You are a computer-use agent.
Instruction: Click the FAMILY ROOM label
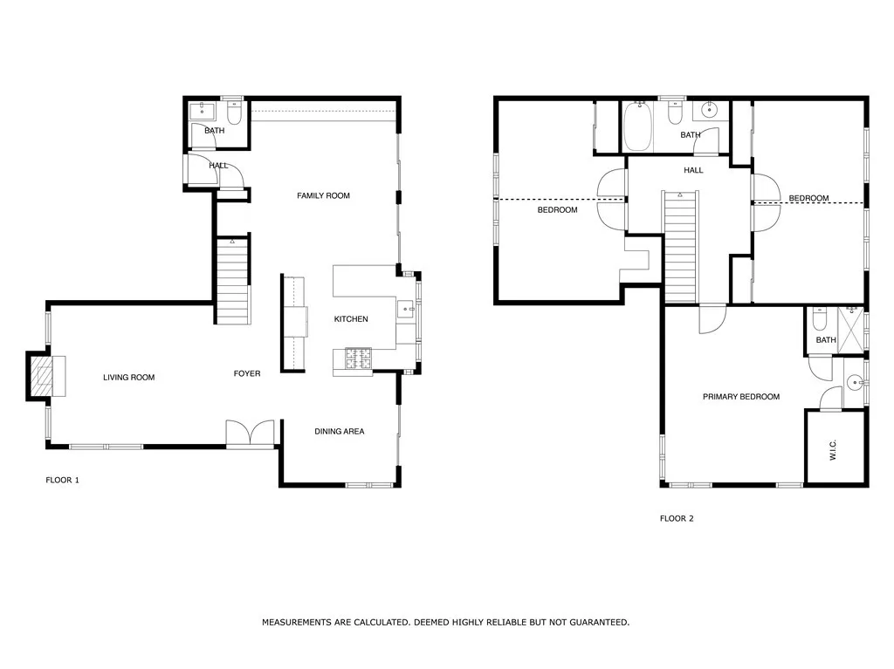323,195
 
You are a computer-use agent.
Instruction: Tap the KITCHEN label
351,319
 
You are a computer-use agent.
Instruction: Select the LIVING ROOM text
129,377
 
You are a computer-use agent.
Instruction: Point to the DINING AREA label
340,432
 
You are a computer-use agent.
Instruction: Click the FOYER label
247,373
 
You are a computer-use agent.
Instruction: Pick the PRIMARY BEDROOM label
741,397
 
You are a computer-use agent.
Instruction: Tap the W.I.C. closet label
832,449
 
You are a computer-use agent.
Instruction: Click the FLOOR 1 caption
63,480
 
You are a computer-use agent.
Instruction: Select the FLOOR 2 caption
677,519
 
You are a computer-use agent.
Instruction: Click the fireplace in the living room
47,376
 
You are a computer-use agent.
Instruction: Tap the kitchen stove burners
358,358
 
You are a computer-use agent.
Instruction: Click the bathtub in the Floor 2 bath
637,126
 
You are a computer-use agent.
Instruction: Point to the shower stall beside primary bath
850,330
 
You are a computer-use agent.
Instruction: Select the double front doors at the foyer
251,433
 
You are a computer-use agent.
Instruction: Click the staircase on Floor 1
232,282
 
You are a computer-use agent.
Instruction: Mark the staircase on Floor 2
681,248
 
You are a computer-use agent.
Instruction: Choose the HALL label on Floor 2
693,170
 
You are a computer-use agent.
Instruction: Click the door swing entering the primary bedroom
712,319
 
